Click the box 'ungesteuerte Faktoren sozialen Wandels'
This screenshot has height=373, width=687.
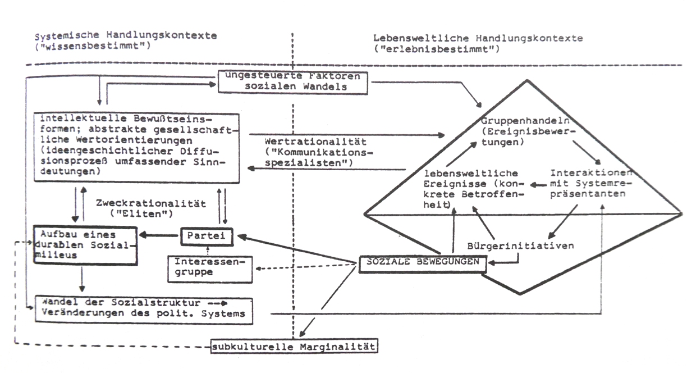(292, 82)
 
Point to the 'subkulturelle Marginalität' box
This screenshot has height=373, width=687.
(294, 345)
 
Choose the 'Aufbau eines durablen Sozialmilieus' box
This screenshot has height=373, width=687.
(84, 244)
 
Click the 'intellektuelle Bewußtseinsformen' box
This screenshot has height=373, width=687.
(137, 147)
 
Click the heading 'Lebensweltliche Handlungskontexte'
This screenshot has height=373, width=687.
(478, 38)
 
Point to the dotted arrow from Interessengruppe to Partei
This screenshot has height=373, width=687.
(208, 251)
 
